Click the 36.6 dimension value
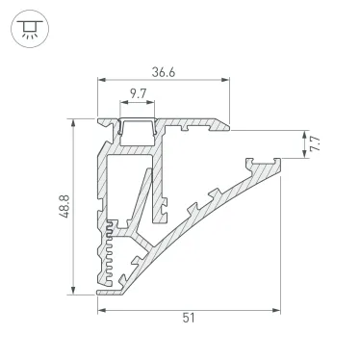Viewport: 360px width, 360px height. pyautogui.click(x=162, y=69)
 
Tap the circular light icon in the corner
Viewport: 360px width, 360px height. pyautogui.click(x=29, y=30)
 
